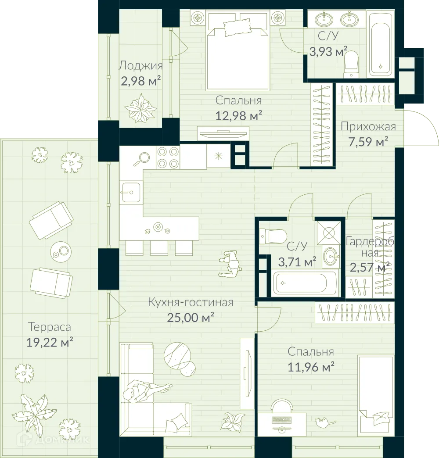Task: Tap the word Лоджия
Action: pyautogui.click(x=140, y=66)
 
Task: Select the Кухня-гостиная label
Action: pyautogui.click(x=190, y=302)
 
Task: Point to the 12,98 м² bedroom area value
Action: pyautogui.click(x=239, y=116)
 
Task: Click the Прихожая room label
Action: pyautogui.click(x=368, y=127)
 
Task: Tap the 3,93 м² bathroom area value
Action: pyautogui.click(x=328, y=51)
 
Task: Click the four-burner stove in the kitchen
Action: pyautogui.click(x=168, y=157)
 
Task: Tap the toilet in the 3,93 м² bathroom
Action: pyautogui.click(x=351, y=64)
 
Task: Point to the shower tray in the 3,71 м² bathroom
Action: pyautogui.click(x=328, y=230)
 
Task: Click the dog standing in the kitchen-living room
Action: pyautogui.click(x=230, y=264)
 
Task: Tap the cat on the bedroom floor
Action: pyautogui.click(x=323, y=422)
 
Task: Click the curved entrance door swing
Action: pyautogui.click(x=423, y=127)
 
